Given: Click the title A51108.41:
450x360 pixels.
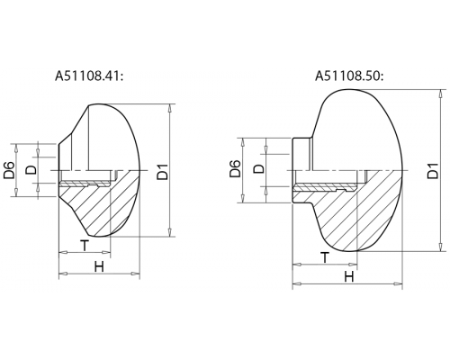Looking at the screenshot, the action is point(89,76).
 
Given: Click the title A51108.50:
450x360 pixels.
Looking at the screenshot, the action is point(349,76).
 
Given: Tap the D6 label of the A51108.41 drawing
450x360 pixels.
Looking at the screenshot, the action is point(10,170).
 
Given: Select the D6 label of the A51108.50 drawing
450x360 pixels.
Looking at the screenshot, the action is point(235,168).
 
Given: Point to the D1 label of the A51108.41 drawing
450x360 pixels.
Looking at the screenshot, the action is point(163,171).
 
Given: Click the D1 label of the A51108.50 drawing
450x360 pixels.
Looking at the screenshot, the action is point(433,170).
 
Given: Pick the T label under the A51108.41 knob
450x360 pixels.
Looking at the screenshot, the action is point(85,246).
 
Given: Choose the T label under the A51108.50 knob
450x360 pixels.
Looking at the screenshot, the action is point(325,257).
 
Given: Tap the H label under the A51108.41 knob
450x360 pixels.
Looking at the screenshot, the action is point(99,266).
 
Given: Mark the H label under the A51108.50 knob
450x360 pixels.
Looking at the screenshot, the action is point(349,276).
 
